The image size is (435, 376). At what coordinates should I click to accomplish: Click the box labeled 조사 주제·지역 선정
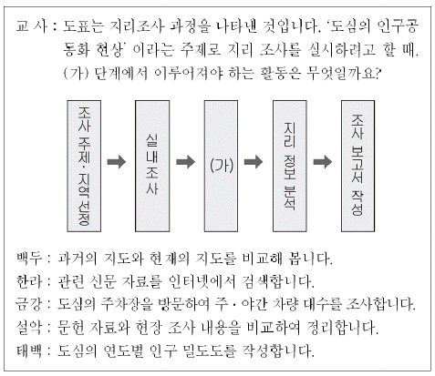pyautogui.click(x=84, y=166)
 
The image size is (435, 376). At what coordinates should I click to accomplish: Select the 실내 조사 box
pyautogui.click(x=152, y=166)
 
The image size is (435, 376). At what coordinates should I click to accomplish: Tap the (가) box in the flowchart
pyautogui.click(x=221, y=166)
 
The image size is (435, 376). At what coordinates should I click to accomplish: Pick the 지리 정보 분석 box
pyautogui.click(x=290, y=166)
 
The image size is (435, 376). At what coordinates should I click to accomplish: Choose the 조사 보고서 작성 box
pyautogui.click(x=357, y=166)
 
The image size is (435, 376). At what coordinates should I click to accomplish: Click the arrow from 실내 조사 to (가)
pyautogui.click(x=185, y=162)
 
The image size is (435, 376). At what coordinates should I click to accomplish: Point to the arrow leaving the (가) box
pyautogui.click(x=254, y=162)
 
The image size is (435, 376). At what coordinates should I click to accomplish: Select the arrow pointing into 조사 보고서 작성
pyautogui.click(x=323, y=162)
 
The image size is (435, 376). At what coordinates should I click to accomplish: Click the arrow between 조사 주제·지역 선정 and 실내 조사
pyautogui.click(x=117, y=162)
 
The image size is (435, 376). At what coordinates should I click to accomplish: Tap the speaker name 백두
pyautogui.click(x=29, y=259)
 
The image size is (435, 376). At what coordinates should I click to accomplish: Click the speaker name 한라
pyautogui.click(x=29, y=281)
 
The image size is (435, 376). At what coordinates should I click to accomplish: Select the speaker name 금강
pyautogui.click(x=29, y=304)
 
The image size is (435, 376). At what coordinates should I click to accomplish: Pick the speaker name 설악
pyautogui.click(x=29, y=328)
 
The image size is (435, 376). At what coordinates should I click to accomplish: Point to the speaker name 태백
pyautogui.click(x=29, y=351)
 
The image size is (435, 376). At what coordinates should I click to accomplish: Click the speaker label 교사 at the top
pyautogui.click(x=32, y=26)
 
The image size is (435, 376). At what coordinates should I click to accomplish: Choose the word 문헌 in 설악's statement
pyautogui.click(x=70, y=328)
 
